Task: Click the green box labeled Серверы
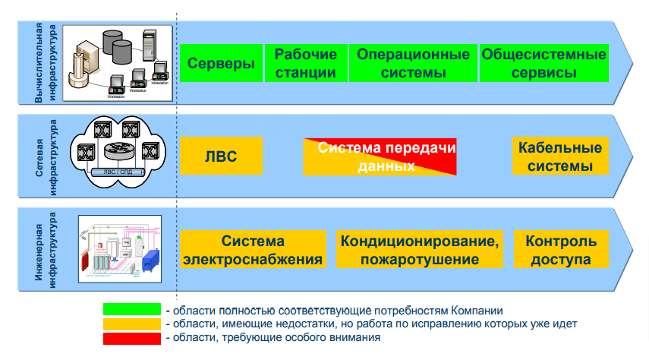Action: (x=221, y=63)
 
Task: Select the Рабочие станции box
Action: (x=305, y=63)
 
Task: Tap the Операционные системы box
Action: (x=413, y=63)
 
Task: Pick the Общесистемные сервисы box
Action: (x=544, y=63)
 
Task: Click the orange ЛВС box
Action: (x=221, y=156)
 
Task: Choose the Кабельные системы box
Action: (x=561, y=156)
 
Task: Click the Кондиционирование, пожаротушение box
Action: (x=420, y=250)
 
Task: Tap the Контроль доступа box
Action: (x=561, y=250)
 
